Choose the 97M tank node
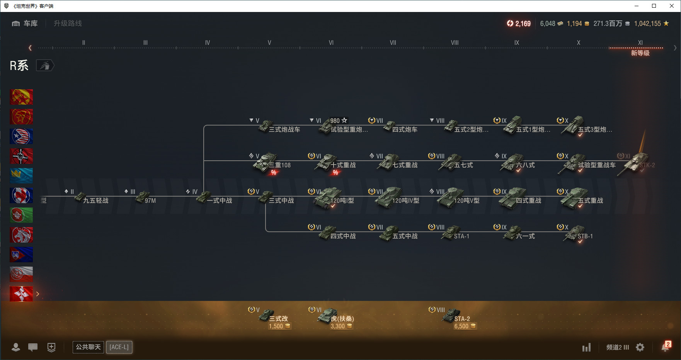(145, 199)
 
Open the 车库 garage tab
(25, 24)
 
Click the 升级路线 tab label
(68, 24)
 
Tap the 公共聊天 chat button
(88, 347)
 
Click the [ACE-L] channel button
(119, 347)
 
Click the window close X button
(672, 6)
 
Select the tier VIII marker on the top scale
(455, 43)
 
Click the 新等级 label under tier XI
(640, 53)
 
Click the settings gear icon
(640, 347)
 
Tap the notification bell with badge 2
(666, 347)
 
